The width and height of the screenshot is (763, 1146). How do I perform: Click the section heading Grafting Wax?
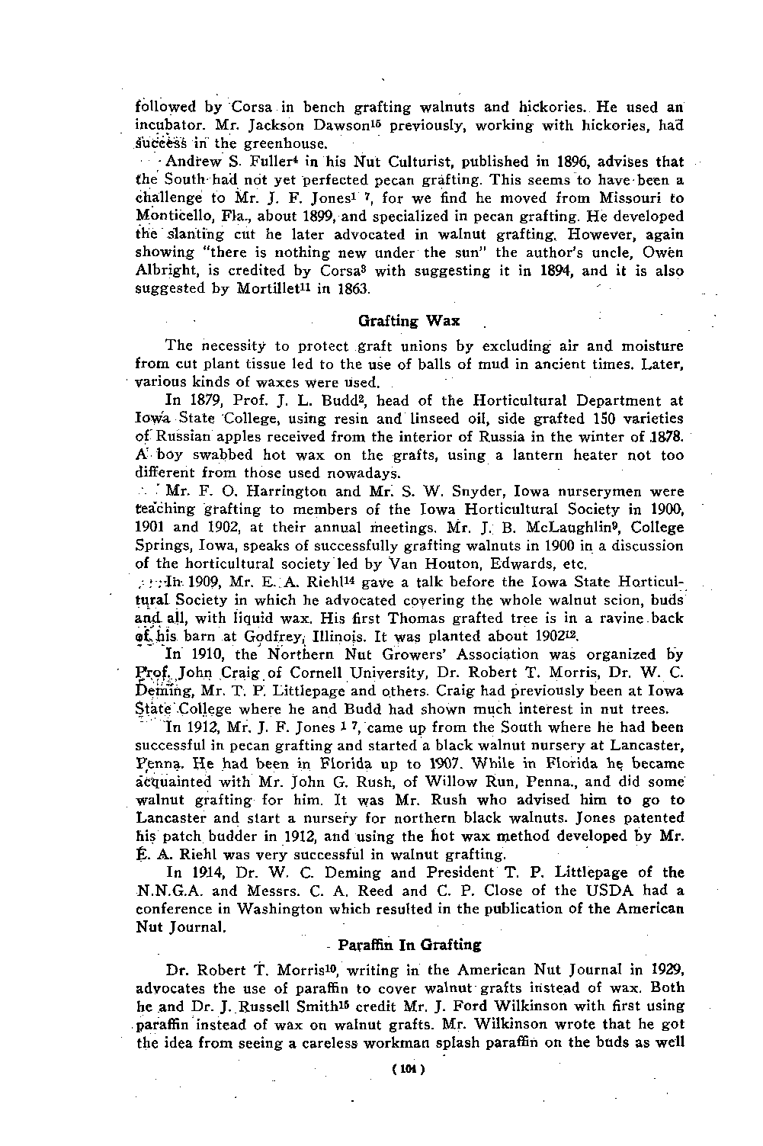409,319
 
